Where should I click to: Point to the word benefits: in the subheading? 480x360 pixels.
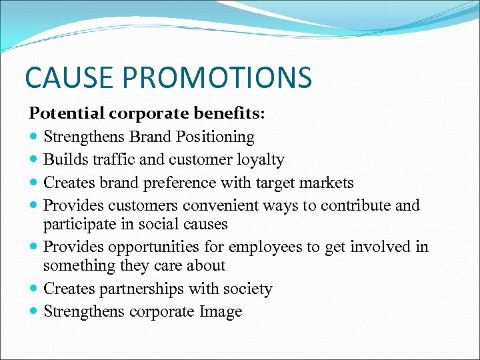[233, 113]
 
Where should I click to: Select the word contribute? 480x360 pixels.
[356, 205]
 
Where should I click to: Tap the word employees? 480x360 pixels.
[265, 247]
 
